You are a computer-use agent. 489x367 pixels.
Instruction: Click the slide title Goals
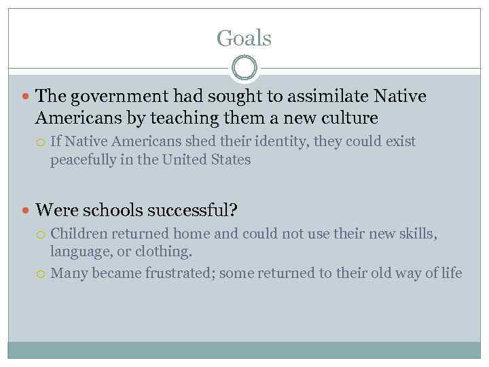tap(244, 37)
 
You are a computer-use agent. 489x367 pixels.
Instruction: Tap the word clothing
tap(166, 252)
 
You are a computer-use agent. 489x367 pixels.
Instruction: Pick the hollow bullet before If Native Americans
tap(41, 143)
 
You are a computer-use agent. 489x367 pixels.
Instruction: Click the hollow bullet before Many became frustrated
tap(41, 274)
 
